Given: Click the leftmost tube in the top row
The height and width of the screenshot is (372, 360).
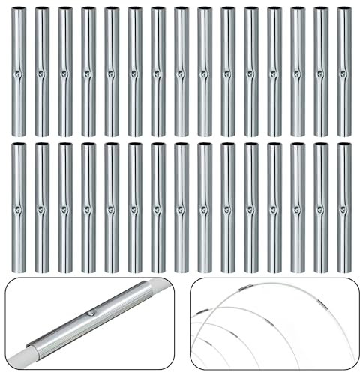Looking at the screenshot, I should pyautogui.click(x=19, y=71).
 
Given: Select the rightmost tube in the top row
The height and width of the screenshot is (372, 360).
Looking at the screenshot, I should pyautogui.click(x=343, y=71).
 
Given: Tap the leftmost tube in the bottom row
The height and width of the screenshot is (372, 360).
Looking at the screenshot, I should pyautogui.click(x=19, y=206).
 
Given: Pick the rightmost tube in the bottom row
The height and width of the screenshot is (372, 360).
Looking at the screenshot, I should pyautogui.click(x=343, y=206).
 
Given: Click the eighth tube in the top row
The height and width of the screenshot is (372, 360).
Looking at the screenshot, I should pyautogui.click(x=181, y=71).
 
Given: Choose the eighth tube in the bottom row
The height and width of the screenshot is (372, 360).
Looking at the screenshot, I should pyautogui.click(x=181, y=206).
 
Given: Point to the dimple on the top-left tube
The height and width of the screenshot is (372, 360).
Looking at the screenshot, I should pyautogui.click(x=17, y=73).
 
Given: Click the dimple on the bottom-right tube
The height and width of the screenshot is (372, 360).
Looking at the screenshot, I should pyautogui.click(x=342, y=208).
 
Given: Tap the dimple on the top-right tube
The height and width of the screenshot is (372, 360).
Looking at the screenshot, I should pyautogui.click(x=342, y=73).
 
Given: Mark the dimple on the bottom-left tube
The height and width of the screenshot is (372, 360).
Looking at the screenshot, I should pyautogui.click(x=17, y=208).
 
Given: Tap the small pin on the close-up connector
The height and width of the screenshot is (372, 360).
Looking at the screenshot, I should pyautogui.click(x=91, y=311).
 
